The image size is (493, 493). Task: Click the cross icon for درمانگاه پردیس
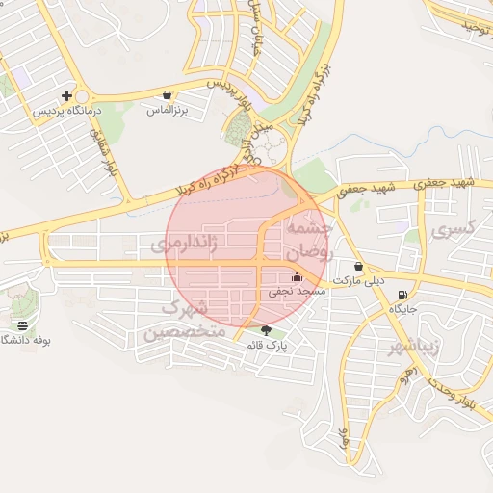coord(66,95)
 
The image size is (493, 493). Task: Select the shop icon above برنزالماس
coord(169,95)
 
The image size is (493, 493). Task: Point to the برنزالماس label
coord(165,111)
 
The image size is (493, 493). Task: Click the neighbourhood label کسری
coord(454,229)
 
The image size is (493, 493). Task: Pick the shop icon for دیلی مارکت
coord(359,267)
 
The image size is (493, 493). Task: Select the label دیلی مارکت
coord(358,281)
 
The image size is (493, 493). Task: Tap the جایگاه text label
coord(402,310)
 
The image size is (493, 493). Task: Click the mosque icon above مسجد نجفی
coord(296,277)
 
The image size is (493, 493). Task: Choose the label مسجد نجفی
coord(298,291)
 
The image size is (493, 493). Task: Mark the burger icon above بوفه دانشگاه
coord(22,326)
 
